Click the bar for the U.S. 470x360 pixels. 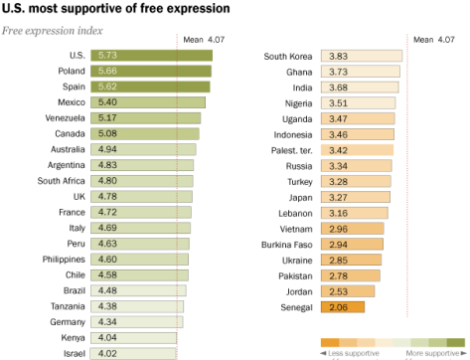[151, 56]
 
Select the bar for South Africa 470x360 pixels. [141, 181]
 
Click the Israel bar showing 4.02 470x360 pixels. [133, 353]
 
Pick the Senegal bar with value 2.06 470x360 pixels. [343, 307]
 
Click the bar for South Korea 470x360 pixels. [364, 56]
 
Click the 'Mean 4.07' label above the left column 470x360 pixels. [206, 40]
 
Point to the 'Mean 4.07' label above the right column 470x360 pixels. [438, 40]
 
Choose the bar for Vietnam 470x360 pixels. [354, 228]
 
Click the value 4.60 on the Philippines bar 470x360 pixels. [106, 260]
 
